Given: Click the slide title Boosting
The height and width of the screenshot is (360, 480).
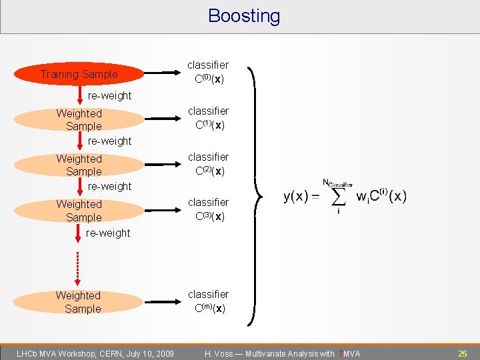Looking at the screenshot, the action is (244, 16).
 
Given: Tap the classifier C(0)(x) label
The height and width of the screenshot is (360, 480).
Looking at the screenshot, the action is (208, 72).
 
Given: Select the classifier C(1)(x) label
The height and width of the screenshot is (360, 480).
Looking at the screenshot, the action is (208, 118).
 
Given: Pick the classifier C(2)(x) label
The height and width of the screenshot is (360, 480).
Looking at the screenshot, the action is (208, 163).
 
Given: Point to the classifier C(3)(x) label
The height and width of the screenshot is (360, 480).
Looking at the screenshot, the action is (208, 209).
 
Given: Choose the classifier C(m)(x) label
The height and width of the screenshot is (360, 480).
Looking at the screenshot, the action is (208, 301).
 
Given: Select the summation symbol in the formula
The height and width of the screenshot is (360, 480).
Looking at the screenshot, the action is (337, 196).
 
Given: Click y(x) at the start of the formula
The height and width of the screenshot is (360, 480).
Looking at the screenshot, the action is (296, 197).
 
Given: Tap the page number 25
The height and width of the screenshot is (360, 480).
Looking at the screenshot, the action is (462, 353).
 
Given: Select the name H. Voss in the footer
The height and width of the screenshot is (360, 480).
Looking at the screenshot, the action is (219, 353).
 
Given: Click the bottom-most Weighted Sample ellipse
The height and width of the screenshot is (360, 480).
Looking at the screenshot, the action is (79, 302).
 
